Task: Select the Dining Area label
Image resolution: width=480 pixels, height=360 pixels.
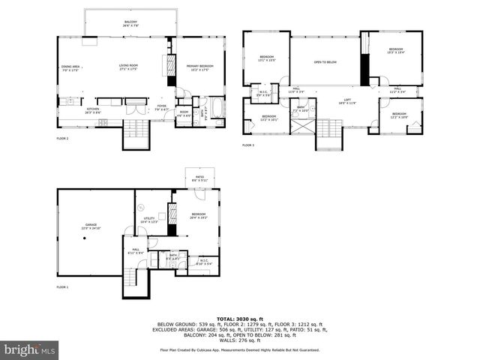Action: (x=71, y=68)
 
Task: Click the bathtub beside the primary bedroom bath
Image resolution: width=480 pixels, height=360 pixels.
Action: (x=217, y=109)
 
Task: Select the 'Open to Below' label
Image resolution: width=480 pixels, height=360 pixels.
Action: (x=325, y=62)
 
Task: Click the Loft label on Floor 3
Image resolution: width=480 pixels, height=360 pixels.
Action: (x=347, y=100)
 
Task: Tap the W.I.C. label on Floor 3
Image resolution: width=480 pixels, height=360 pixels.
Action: (x=264, y=94)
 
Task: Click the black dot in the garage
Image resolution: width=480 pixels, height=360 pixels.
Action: (x=86, y=238)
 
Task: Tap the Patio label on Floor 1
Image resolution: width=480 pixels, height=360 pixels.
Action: (x=198, y=178)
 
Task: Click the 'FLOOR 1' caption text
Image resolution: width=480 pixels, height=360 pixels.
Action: (x=62, y=287)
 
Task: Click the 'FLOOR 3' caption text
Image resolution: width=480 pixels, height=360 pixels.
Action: (x=248, y=145)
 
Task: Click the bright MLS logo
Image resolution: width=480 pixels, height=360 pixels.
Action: (x=29, y=349)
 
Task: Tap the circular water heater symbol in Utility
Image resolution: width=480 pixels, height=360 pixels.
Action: (x=140, y=207)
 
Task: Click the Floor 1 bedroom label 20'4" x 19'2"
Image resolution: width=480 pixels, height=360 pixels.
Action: (x=198, y=216)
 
